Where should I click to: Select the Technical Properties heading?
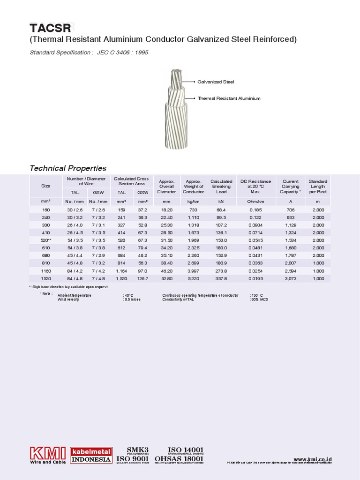click(x=68, y=168)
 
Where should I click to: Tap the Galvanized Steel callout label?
click(x=216, y=82)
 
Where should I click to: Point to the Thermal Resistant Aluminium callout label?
click(x=229, y=98)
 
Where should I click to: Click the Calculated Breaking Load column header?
click(x=221, y=186)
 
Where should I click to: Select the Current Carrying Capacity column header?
click(x=291, y=186)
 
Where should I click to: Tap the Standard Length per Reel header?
click(x=318, y=186)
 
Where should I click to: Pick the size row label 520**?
click(x=45, y=240)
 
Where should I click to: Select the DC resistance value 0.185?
click(x=255, y=210)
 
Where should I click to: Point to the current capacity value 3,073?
click(x=291, y=278)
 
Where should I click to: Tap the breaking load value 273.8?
click(x=221, y=271)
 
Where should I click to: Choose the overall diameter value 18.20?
click(x=166, y=210)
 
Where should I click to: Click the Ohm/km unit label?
click(x=255, y=201)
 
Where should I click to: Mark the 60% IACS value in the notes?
click(x=259, y=299)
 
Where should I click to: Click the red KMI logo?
click(x=48, y=454)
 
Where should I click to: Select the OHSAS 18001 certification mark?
click(x=179, y=459)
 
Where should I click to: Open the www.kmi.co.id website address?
click(x=313, y=459)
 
